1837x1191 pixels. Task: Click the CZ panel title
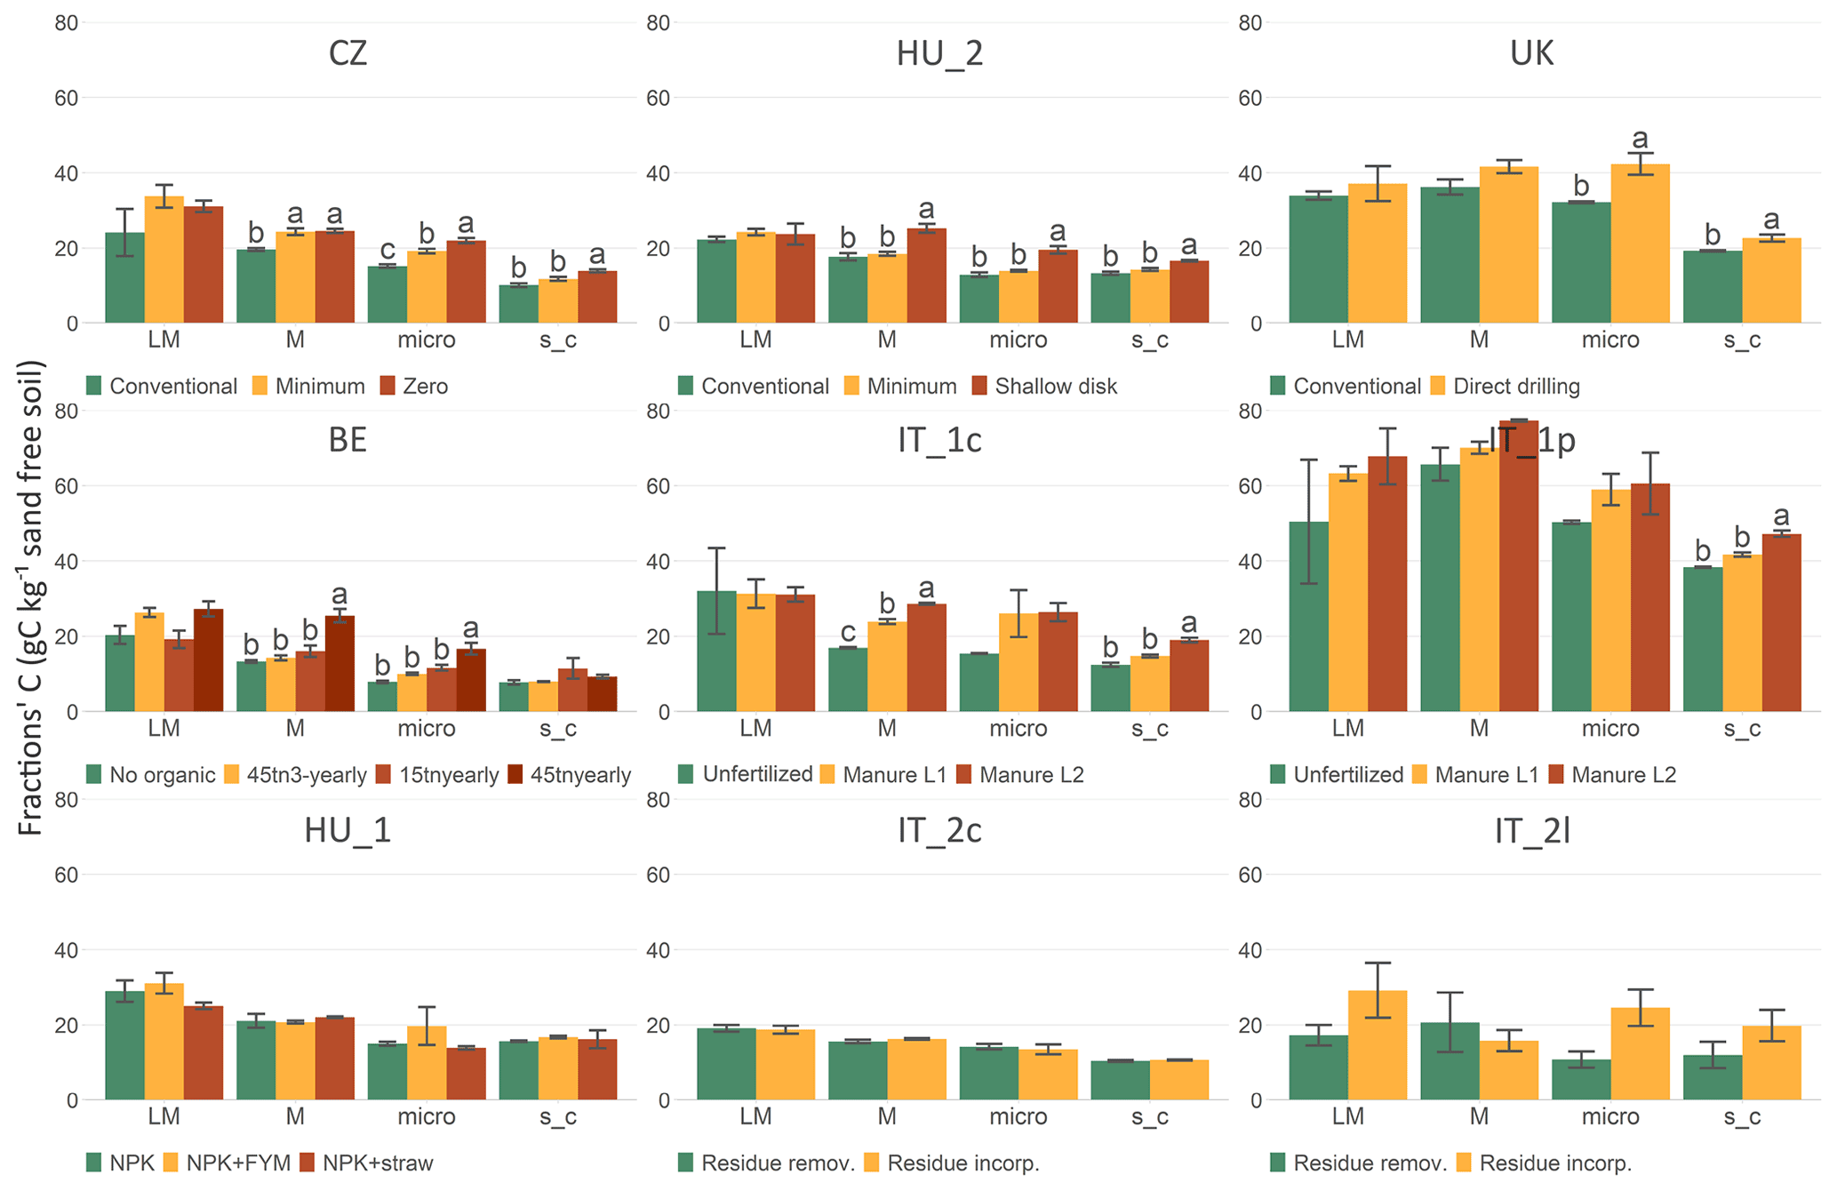[x=347, y=54]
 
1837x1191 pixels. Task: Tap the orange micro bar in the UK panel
[x=1640, y=244]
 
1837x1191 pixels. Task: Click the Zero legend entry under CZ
[x=414, y=387]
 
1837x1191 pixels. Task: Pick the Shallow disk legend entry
[x=1044, y=387]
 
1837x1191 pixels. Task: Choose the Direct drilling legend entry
[x=1506, y=387]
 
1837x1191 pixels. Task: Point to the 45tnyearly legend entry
[x=569, y=775]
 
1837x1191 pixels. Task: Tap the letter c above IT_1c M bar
[x=848, y=633]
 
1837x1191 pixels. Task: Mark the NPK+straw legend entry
[x=367, y=1163]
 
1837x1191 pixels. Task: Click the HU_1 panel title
[x=347, y=830]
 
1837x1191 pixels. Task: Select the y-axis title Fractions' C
[x=31, y=597]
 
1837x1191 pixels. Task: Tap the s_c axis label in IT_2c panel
[x=1150, y=1117]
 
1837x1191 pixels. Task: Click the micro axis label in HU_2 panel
[x=1018, y=340]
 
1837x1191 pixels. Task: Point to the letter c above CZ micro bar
[x=387, y=250]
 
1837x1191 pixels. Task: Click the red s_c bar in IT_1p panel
[x=1781, y=623]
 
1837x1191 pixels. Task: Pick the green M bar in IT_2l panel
[x=1450, y=1061]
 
